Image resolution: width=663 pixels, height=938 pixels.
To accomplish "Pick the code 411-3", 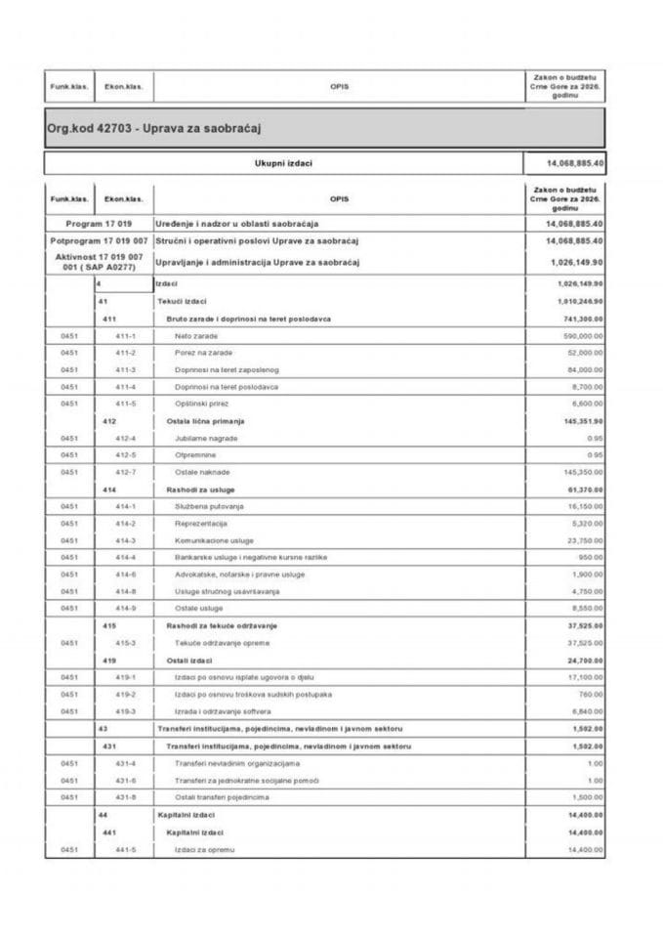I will tap(125, 369).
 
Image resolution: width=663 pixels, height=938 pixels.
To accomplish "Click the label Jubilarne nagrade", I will tap(206, 438).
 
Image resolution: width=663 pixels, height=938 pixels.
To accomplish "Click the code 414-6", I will tap(125, 575).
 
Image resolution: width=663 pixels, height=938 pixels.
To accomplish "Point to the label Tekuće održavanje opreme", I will tap(222, 642).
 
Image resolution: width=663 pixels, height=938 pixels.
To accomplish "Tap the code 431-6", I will tap(125, 780).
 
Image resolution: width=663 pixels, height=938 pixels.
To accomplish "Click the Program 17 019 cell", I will tap(98, 224).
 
